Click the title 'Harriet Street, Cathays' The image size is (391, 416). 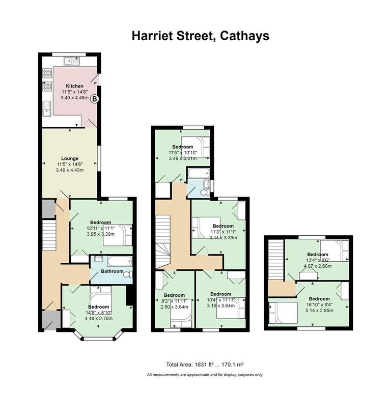pyautogui.click(x=201, y=36)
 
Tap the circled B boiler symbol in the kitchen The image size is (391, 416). pyautogui.click(x=95, y=100)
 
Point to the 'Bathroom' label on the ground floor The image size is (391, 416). pyautogui.click(x=111, y=271)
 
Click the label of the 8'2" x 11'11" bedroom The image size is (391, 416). pyautogui.click(x=174, y=295)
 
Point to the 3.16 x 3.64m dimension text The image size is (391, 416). pyautogui.click(x=220, y=306)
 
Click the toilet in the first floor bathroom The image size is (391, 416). pyautogui.click(x=204, y=192)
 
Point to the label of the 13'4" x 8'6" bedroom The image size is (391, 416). pyautogui.click(x=317, y=254)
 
